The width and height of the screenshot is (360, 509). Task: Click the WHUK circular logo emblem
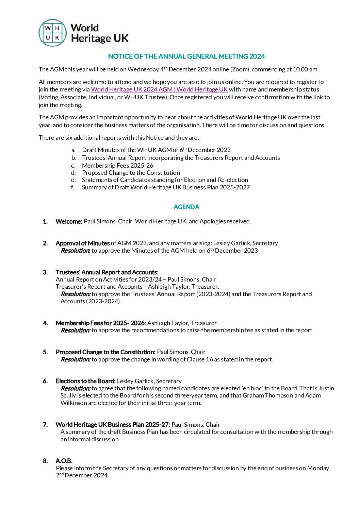click(x=52, y=33)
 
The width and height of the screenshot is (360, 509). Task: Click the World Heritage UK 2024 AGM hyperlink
click(x=159, y=89)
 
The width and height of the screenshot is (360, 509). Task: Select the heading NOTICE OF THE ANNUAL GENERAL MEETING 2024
click(x=186, y=56)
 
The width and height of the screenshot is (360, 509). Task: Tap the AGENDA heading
click(x=186, y=207)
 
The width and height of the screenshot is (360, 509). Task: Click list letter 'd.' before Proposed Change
click(x=73, y=173)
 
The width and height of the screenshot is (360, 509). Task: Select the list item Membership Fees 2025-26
click(x=117, y=166)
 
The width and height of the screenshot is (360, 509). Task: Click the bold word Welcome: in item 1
click(x=69, y=221)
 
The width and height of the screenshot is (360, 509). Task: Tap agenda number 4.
click(x=45, y=323)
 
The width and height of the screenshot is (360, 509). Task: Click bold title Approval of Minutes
click(x=83, y=243)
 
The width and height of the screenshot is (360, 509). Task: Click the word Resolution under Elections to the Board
click(x=75, y=388)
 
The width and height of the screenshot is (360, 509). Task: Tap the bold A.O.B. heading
click(x=64, y=461)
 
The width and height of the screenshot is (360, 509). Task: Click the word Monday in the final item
click(x=318, y=468)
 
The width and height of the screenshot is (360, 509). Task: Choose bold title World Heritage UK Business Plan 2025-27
click(x=113, y=425)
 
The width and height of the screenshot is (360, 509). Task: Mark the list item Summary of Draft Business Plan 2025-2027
click(x=166, y=187)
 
